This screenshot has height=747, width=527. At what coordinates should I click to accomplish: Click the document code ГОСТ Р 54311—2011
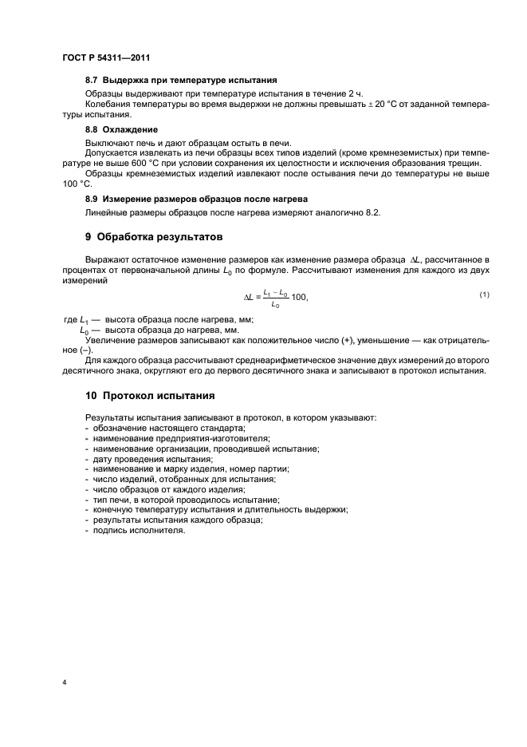pyautogui.click(x=105, y=57)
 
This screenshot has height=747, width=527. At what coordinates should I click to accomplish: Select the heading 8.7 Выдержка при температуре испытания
pyautogui.click(x=181, y=80)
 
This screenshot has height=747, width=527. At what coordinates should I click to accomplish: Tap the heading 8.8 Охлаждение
pyautogui.click(x=121, y=129)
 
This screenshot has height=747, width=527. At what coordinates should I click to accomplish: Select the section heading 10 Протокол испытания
pyautogui.click(x=149, y=396)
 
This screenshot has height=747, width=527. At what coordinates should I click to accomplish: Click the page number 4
pyautogui.click(x=65, y=682)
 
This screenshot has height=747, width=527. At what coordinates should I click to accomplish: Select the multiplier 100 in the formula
pyautogui.click(x=299, y=297)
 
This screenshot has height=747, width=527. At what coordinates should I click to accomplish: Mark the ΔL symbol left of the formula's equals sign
pyautogui.click(x=247, y=297)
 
